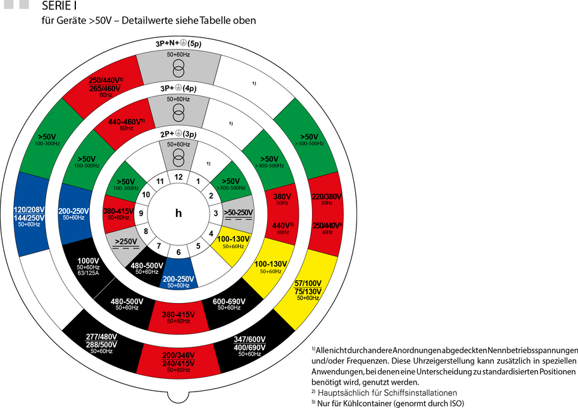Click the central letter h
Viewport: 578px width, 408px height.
pyautogui.click(x=179, y=213)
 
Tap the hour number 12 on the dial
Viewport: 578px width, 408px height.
pyautogui.click(x=179, y=176)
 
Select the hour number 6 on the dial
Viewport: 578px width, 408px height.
pyautogui.click(x=179, y=252)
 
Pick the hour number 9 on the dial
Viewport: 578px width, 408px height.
pyautogui.click(x=141, y=214)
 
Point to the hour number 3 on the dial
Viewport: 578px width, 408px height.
pyautogui.click(x=216, y=214)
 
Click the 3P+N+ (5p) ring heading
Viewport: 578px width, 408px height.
pyautogui.click(x=179, y=44)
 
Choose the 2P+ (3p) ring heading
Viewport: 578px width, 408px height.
pyautogui.click(x=179, y=134)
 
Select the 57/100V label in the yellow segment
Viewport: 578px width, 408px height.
pyautogui.click(x=308, y=283)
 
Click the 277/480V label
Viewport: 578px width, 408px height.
pyautogui.click(x=101, y=336)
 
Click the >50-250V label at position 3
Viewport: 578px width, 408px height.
pyautogui.click(x=238, y=213)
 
